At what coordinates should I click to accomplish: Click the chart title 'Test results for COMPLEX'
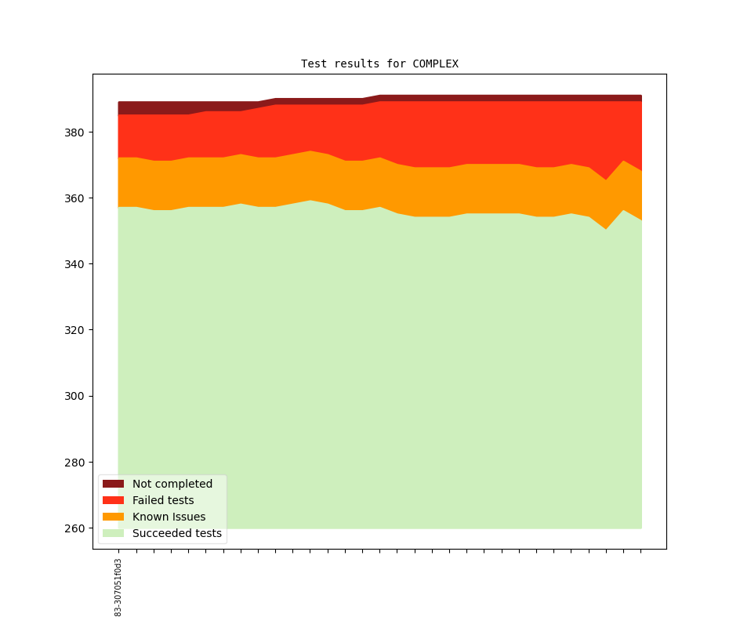[379, 64]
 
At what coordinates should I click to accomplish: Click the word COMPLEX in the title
[435, 64]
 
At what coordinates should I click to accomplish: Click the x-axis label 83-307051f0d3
[118, 587]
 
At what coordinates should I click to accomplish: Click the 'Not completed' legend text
[172, 484]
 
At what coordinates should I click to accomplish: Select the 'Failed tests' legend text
[163, 500]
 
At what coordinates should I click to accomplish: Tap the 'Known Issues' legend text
[169, 517]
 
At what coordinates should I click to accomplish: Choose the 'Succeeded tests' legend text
[177, 533]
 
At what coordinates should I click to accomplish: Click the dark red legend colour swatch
[113, 484]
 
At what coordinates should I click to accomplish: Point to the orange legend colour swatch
[113, 517]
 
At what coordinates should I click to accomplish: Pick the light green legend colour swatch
[113, 533]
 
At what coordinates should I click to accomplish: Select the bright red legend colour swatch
[113, 500]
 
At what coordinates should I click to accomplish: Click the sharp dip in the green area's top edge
[606, 229]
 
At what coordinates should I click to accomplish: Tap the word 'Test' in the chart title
[314, 64]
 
